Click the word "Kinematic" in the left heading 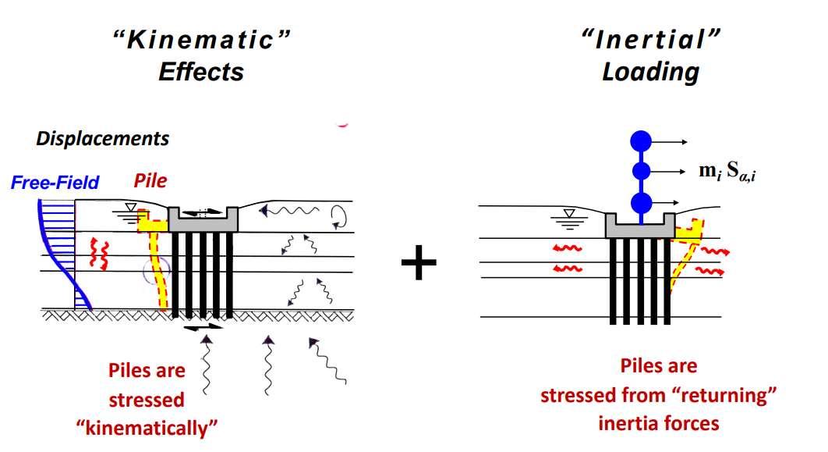pyautogui.click(x=201, y=41)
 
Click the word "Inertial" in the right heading pyautogui.click(x=649, y=41)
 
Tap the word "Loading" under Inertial pyautogui.click(x=650, y=72)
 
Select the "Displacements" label pyautogui.click(x=102, y=139)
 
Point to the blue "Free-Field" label pyautogui.click(x=55, y=183)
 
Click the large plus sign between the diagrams pyautogui.click(x=419, y=265)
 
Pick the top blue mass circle pyautogui.click(x=641, y=141)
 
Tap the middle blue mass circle pyautogui.click(x=641, y=171)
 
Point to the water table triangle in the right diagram pyautogui.click(x=571, y=214)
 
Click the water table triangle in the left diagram pyautogui.click(x=133, y=207)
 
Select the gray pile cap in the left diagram pyautogui.click(x=203, y=221)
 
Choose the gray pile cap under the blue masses pyautogui.click(x=639, y=226)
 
